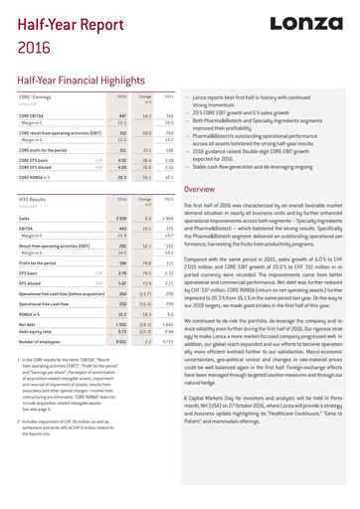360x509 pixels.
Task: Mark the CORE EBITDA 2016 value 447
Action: pyautogui.click(x=122, y=115)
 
